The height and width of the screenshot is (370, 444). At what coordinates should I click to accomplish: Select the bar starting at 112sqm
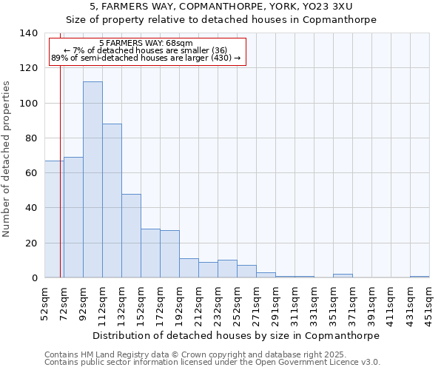coord(112,201)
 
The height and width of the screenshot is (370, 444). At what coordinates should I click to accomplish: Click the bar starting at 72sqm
coord(73,218)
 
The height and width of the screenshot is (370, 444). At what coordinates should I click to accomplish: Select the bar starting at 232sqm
coord(227,269)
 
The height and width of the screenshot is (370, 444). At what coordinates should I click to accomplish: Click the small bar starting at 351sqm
coord(343,275)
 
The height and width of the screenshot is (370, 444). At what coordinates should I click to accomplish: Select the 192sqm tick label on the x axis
coord(180,303)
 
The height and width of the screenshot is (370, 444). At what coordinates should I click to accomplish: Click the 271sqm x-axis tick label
coord(257,303)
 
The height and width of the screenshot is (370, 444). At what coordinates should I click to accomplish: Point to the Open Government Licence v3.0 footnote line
coord(212,362)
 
